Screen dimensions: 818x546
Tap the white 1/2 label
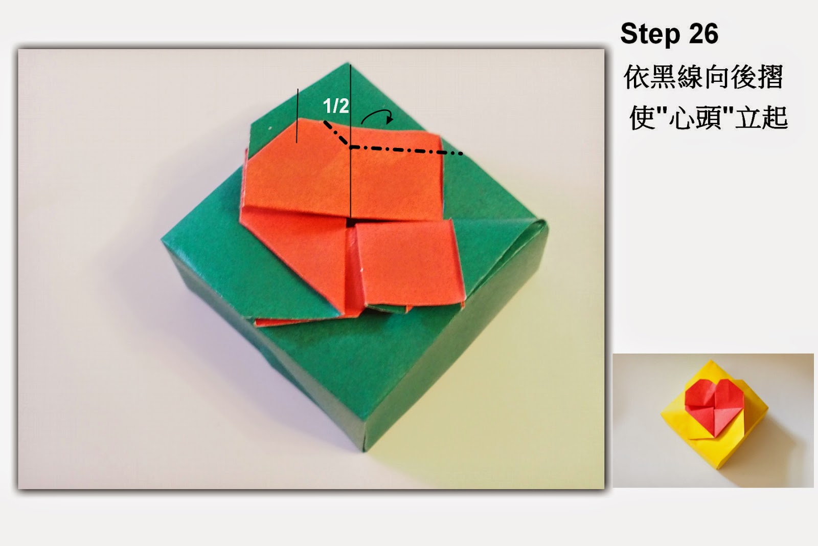(x=336, y=106)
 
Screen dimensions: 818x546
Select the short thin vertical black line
(x=297, y=116)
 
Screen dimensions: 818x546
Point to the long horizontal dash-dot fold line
(x=406, y=150)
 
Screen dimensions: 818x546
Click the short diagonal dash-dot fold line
(x=336, y=134)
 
